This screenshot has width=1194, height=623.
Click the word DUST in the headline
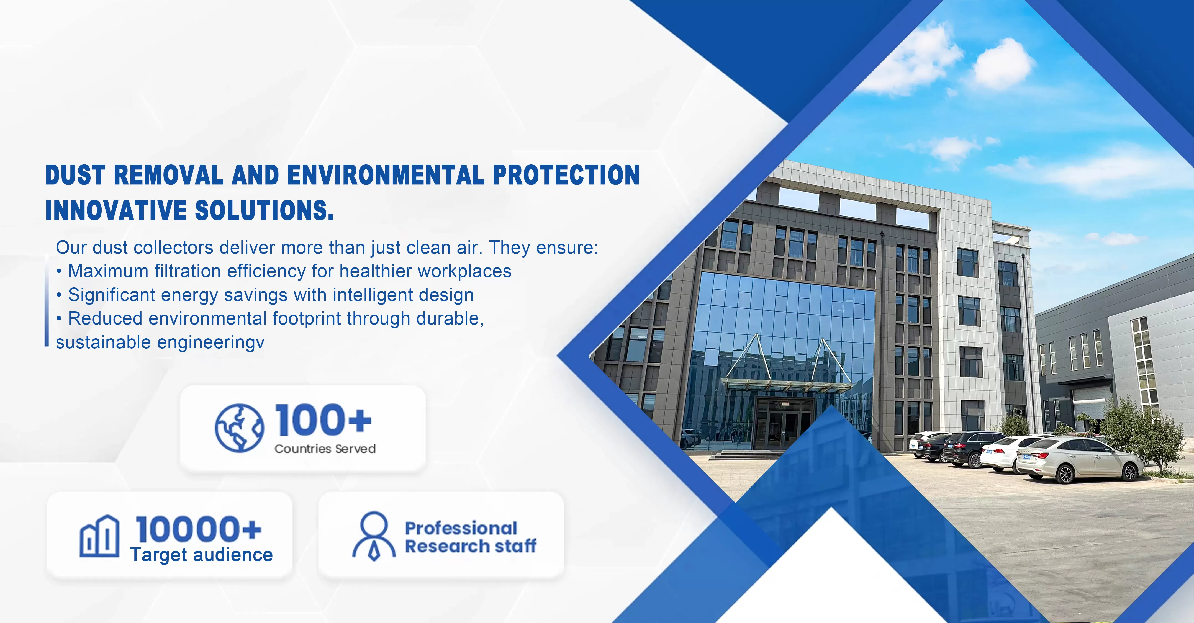[x=75, y=175]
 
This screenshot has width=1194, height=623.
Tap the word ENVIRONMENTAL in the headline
[x=386, y=175]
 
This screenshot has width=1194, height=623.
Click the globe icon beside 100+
[x=240, y=428]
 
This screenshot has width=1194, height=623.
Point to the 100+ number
[x=323, y=420]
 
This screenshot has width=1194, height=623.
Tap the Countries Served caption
[x=325, y=449]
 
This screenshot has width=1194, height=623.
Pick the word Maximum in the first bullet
[x=108, y=271]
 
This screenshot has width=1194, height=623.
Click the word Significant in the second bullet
[x=112, y=295]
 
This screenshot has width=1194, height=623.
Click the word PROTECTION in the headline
[x=566, y=175]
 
